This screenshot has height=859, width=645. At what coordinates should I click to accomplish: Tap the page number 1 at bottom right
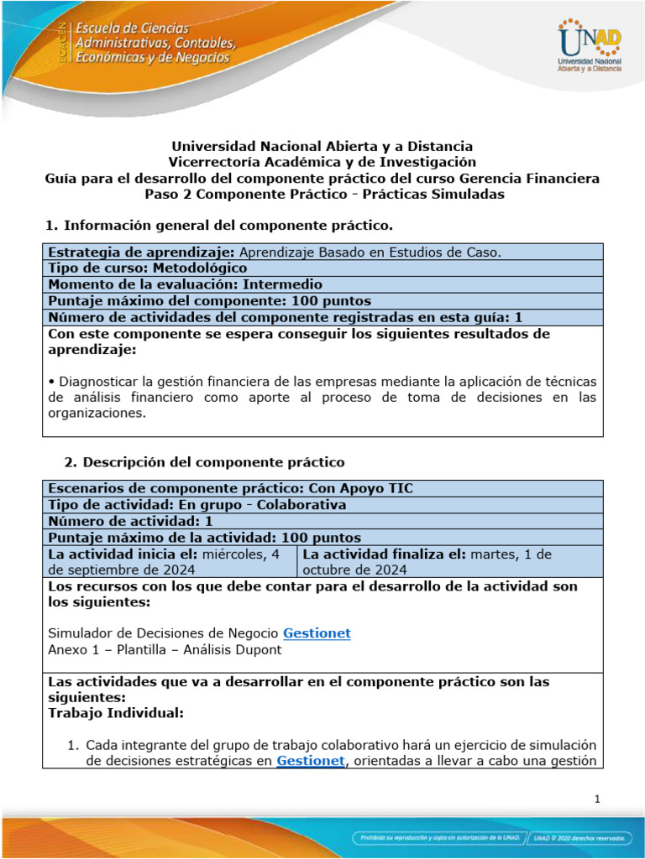point(596,799)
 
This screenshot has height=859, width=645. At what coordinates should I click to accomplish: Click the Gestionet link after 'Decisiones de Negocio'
point(317,633)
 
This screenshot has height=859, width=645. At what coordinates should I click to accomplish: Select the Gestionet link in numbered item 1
point(311,761)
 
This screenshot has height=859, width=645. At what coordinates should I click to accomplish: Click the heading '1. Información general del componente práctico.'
point(218,226)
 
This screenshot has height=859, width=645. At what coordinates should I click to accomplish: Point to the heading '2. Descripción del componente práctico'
point(204,462)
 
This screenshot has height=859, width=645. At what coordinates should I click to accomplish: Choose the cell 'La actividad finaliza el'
point(450,562)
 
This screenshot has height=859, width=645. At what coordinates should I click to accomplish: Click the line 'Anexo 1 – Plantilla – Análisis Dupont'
point(165,649)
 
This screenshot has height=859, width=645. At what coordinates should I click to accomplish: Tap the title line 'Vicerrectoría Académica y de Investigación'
point(322,162)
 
